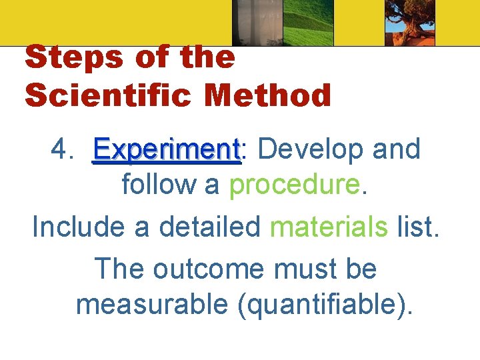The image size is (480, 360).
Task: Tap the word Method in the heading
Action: click(x=268, y=96)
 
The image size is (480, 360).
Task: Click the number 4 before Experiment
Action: click(x=62, y=149)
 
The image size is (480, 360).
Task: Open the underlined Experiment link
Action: click(x=166, y=150)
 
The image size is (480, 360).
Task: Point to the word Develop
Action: click(x=310, y=149)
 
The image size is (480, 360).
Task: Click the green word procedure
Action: click(x=295, y=185)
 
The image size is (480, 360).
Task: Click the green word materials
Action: click(x=329, y=227)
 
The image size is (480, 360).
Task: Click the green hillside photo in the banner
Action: click(x=308, y=23)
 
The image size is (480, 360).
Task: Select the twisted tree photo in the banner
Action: click(x=409, y=23)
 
